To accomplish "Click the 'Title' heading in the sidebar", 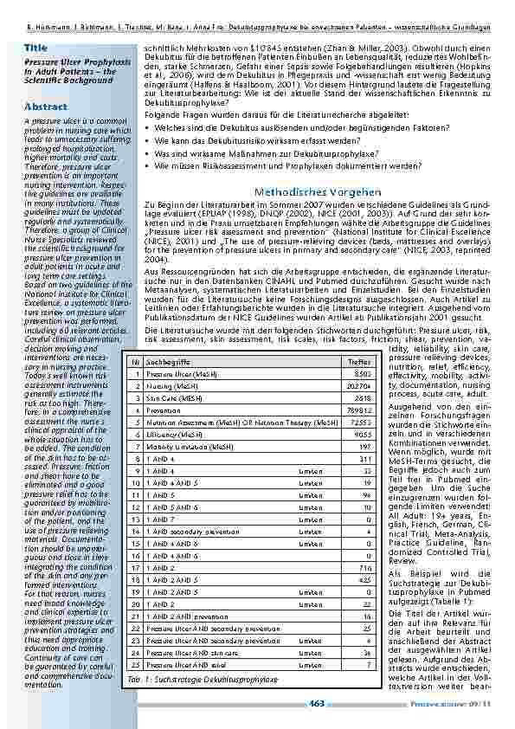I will (36, 46).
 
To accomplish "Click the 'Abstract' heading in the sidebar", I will (45, 106).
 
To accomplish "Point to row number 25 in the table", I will (135, 664).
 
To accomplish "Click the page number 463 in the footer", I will (317, 703).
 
